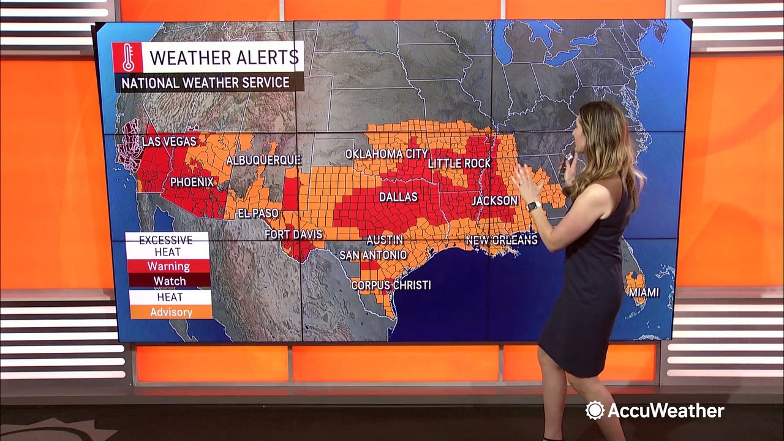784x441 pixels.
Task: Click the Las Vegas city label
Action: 169,141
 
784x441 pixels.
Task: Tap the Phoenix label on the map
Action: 192,182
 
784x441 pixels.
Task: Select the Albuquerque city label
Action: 263,160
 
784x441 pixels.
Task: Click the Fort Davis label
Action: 290,235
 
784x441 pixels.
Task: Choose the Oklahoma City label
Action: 386,154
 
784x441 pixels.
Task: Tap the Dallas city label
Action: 398,197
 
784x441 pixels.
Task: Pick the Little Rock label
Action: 459,164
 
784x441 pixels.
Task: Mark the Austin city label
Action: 385,239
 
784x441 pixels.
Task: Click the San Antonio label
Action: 372,255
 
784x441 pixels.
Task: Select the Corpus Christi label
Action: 391,285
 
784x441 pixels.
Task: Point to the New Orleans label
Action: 501,240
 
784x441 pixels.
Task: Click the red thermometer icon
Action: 127,57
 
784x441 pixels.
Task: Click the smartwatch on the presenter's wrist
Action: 533,206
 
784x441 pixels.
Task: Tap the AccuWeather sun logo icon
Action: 594,410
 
